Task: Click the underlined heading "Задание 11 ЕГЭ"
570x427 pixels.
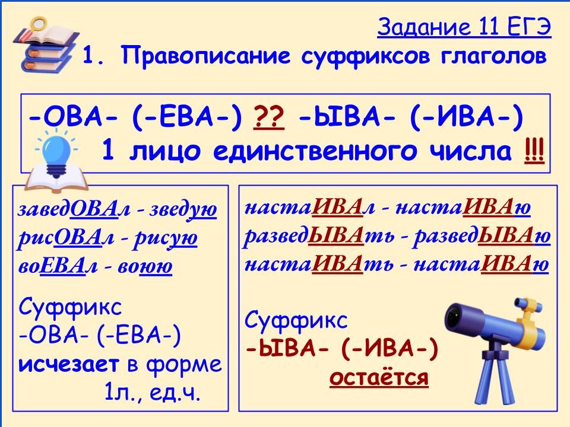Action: tap(464, 27)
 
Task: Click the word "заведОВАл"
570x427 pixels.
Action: tap(68, 210)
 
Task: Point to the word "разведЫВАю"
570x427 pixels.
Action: tap(482, 237)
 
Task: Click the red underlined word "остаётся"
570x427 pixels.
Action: tap(379, 378)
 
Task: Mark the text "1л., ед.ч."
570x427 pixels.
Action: tap(152, 393)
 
